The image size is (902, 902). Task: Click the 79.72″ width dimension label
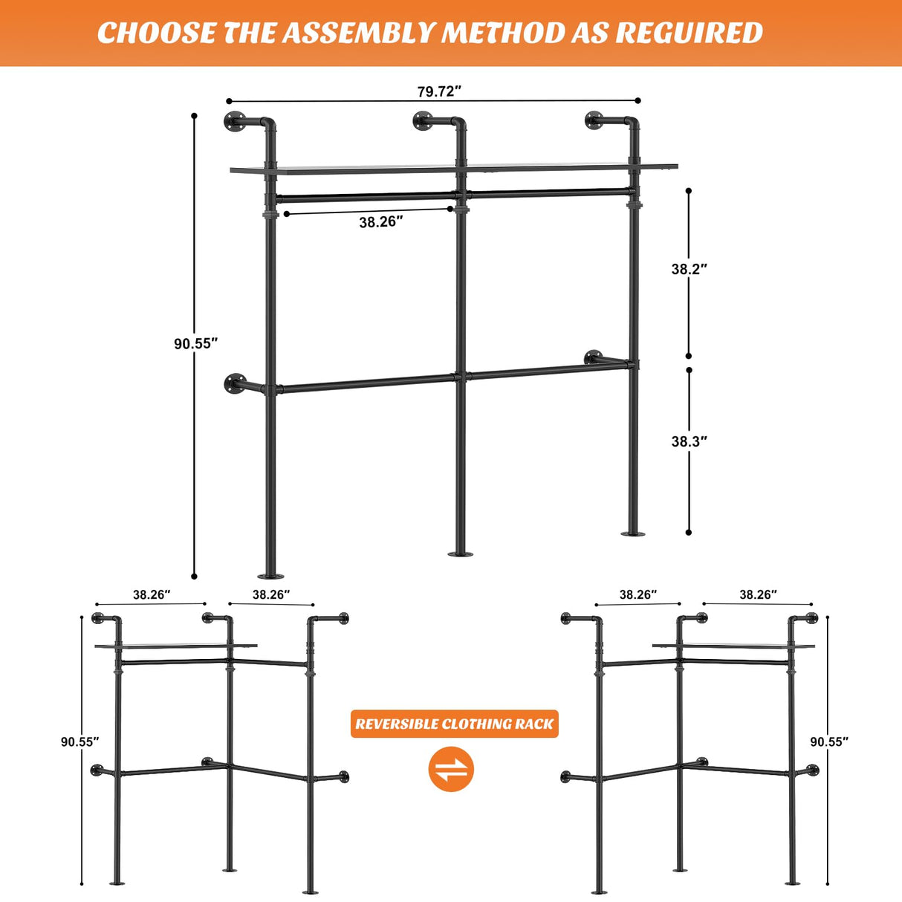tap(439, 91)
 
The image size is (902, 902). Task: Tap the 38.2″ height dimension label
tap(689, 269)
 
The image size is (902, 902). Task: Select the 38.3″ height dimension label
tap(689, 441)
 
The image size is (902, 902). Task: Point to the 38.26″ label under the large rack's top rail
tap(381, 222)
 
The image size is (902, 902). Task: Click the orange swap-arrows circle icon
tap(451, 769)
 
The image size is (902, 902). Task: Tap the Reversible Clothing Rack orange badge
tap(454, 724)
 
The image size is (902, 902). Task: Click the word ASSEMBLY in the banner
tap(359, 33)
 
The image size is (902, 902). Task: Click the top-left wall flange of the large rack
tap(233, 121)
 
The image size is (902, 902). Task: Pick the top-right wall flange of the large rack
tap(594, 120)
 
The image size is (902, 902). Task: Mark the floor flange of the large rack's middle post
tap(461, 554)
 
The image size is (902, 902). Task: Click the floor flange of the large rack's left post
tap(270, 576)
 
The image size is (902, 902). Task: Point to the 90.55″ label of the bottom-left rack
tap(80, 742)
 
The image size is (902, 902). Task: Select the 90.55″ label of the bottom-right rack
tap(828, 742)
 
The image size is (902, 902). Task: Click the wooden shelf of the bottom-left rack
tap(176, 646)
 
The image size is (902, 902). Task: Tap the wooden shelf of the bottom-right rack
tap(733, 646)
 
